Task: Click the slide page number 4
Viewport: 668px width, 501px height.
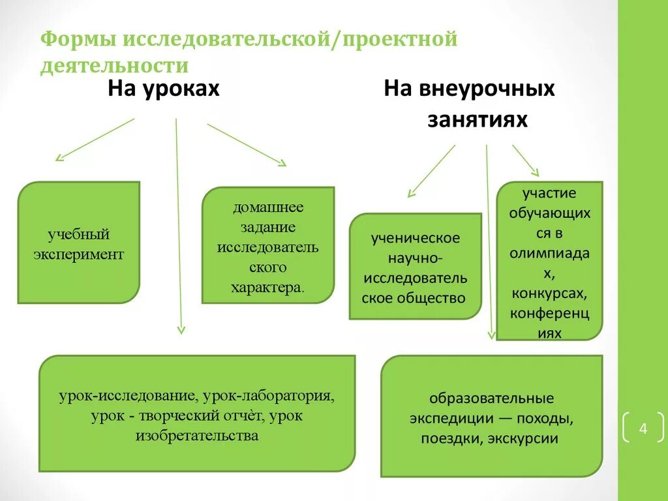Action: click(x=643, y=429)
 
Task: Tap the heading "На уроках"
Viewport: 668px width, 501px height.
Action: click(x=163, y=89)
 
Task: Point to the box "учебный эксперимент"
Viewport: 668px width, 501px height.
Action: click(x=78, y=243)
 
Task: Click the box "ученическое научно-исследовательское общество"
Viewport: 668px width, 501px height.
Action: click(x=416, y=267)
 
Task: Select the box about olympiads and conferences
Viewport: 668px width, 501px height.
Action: click(x=550, y=261)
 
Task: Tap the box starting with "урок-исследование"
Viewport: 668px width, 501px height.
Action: click(x=197, y=414)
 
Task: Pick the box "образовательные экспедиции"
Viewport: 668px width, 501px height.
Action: click(x=491, y=416)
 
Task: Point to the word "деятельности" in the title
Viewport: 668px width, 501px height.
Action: click(x=114, y=66)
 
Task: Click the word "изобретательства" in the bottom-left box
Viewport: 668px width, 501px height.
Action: click(x=197, y=435)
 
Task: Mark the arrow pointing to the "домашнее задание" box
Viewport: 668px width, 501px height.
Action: click(x=247, y=144)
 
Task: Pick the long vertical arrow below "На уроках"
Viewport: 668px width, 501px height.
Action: click(x=179, y=225)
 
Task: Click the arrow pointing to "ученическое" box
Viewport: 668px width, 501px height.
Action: click(x=431, y=170)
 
